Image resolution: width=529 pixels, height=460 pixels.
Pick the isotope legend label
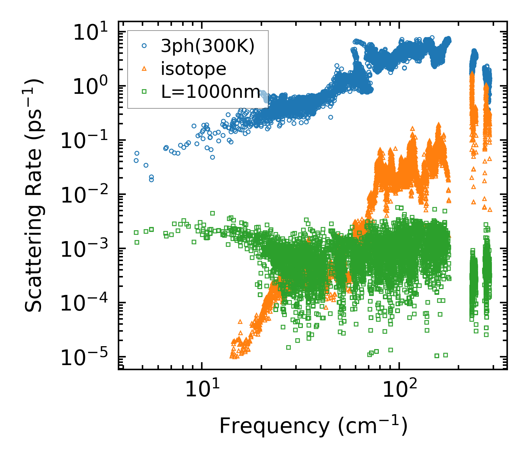coord(193,69)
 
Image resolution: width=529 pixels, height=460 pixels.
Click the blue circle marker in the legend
coord(144,46)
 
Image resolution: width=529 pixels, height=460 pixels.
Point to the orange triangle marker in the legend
coord(144,68)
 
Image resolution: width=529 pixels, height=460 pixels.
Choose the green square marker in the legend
coord(144,92)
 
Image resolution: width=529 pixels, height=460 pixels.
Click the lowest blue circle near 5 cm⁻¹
coord(151,180)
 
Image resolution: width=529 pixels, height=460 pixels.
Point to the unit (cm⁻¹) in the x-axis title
coord(373,426)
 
